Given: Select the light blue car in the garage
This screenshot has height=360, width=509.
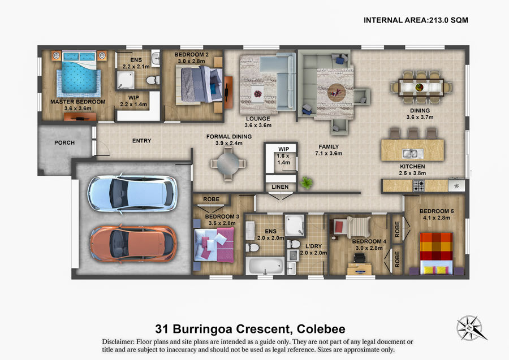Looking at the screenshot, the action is pyautogui.click(x=133, y=194).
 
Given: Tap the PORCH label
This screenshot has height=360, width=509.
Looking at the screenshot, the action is pyautogui.click(x=64, y=143).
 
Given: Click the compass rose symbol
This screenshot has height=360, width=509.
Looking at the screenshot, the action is pyautogui.click(x=471, y=328).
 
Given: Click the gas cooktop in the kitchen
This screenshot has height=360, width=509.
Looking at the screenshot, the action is pyautogui.click(x=419, y=186).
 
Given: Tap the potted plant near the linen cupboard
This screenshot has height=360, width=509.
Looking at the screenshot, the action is pyautogui.click(x=306, y=183).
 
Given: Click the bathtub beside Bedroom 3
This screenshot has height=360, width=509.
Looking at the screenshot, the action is pyautogui.click(x=265, y=266).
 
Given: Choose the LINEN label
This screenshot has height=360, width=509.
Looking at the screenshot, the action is pyautogui.click(x=280, y=187).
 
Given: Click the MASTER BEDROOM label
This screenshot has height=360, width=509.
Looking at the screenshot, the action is pyautogui.click(x=78, y=102).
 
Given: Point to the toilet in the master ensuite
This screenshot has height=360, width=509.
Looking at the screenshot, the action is pyautogui.click(x=153, y=80).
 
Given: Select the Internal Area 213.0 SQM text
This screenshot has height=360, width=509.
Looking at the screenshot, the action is pyautogui.click(x=416, y=20).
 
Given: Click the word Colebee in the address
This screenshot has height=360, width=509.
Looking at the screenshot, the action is pyautogui.click(x=321, y=329).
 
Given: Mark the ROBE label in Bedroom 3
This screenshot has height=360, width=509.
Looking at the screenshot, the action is pyautogui.click(x=212, y=199).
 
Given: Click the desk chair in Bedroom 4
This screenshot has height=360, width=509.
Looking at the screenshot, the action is pyautogui.click(x=359, y=258).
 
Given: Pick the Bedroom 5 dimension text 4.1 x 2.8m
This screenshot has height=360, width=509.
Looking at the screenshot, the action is pyautogui.click(x=437, y=218).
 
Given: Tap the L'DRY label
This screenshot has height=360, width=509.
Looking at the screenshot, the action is pyautogui.click(x=313, y=246).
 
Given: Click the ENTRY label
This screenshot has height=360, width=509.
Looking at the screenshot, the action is pyautogui.click(x=141, y=141).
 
